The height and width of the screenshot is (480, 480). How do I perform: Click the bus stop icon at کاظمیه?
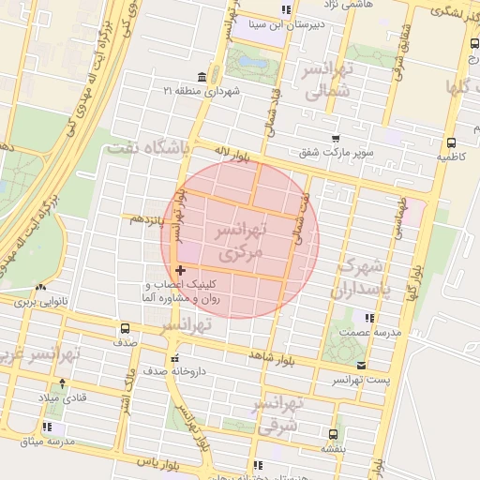pyautogui.click(x=452, y=142)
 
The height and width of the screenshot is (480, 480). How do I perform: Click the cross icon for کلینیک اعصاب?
pyautogui.click(x=181, y=270)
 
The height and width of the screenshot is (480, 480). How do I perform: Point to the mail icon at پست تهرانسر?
pyautogui.click(x=362, y=366)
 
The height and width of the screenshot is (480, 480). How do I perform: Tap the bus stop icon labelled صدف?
pyautogui.click(x=125, y=328)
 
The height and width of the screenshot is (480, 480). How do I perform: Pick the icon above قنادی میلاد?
pyautogui.click(x=62, y=382)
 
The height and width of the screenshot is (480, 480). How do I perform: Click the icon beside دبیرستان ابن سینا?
pyautogui.click(x=287, y=8)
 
